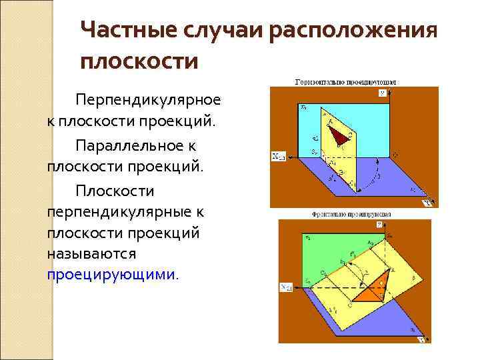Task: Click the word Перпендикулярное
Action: click(x=147, y=99)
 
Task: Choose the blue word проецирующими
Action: click(x=111, y=274)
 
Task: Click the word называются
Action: click(x=91, y=254)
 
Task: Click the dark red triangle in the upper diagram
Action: click(x=341, y=135)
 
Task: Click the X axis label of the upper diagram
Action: click(x=278, y=157)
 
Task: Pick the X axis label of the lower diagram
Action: click(x=285, y=288)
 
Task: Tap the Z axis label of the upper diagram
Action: click(x=382, y=93)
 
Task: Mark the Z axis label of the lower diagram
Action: click(x=379, y=226)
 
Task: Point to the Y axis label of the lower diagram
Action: click(x=422, y=340)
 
